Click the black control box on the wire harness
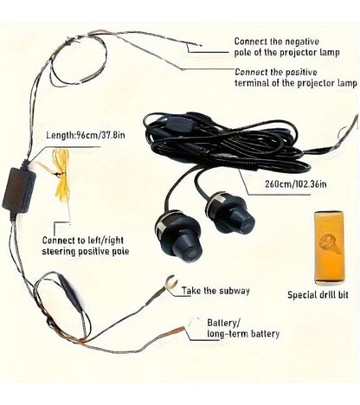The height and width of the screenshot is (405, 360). pyautogui.click(x=19, y=190)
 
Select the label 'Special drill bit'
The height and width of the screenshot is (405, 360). pyautogui.click(x=318, y=295)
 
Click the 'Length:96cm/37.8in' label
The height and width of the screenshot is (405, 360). pyautogui.click(x=86, y=135)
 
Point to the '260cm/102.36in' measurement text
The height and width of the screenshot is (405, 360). pyautogui.click(x=296, y=184)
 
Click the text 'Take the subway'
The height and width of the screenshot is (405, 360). pyautogui.click(x=215, y=291)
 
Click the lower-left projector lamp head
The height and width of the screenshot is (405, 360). pyautogui.click(x=179, y=237)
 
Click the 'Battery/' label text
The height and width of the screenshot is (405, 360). pyautogui.click(x=224, y=323)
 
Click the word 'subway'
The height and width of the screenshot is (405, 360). pyautogui.click(x=233, y=291)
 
